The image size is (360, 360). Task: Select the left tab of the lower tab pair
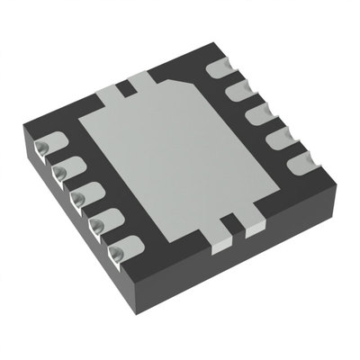219,231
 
